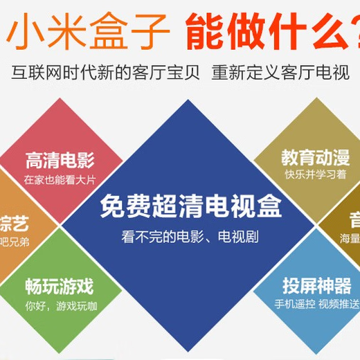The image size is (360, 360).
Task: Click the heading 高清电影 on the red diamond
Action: click(60, 161)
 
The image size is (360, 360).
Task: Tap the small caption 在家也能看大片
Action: click(60, 180)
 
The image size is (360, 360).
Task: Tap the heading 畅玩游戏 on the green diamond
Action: click(60, 285)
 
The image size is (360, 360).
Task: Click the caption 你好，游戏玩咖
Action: click(61, 305)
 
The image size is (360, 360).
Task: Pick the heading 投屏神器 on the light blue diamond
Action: click(316, 285)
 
